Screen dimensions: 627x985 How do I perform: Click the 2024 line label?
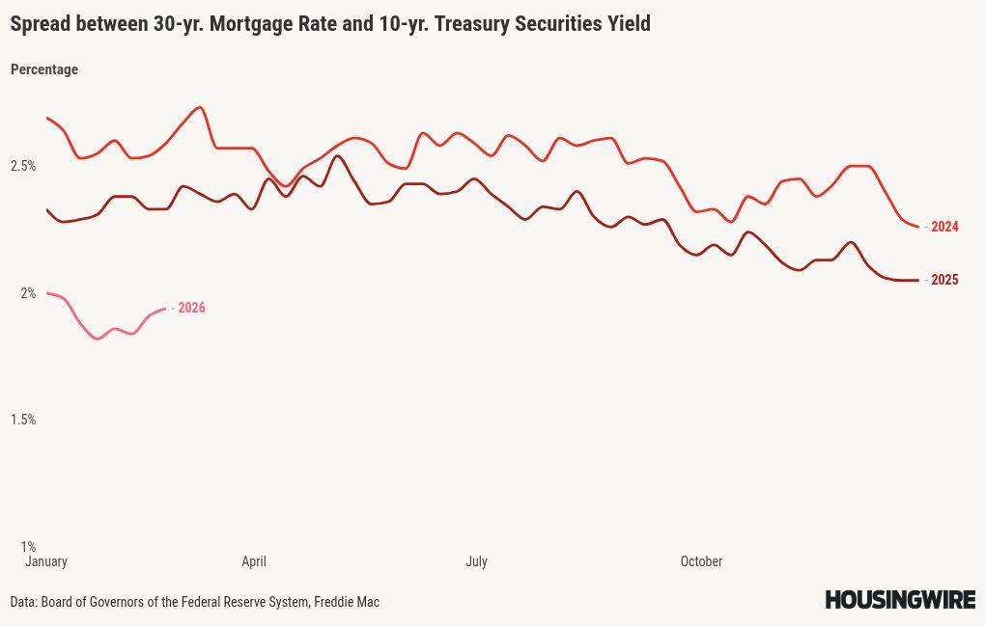944,228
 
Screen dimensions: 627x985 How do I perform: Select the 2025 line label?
944,281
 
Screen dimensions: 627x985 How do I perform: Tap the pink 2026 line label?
191,309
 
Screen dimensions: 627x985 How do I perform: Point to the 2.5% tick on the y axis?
23,166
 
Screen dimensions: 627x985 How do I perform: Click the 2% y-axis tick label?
28,293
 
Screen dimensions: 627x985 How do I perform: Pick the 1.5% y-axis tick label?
23,420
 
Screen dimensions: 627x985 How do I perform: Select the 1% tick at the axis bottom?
28,546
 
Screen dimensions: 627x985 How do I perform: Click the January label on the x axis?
45,561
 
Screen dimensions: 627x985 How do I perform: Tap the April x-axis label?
254,561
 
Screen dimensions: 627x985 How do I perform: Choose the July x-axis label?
476,561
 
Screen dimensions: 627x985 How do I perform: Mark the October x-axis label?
701,561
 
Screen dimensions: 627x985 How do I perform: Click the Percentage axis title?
44,69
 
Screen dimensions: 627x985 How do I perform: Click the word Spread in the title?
40,24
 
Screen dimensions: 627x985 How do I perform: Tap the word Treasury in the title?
472,24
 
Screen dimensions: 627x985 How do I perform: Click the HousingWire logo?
900,600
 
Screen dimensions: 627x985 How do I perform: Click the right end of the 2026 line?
166,309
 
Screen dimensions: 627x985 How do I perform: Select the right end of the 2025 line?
918,281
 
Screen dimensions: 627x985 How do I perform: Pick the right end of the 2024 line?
918,227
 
